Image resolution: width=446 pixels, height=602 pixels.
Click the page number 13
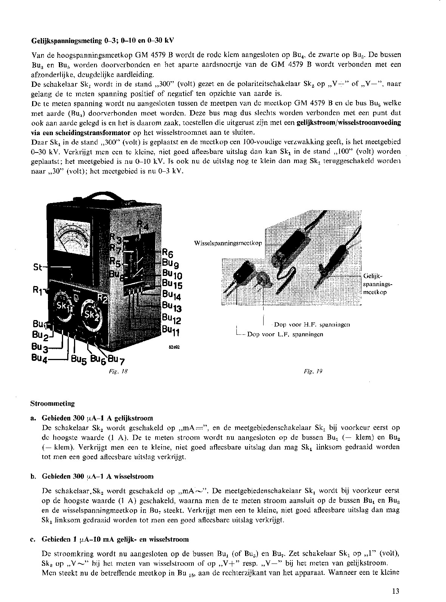(x=395, y=591)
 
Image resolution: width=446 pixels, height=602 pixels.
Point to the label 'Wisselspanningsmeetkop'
(x=228, y=243)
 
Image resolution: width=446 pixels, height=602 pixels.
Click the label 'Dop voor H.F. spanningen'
(x=312, y=325)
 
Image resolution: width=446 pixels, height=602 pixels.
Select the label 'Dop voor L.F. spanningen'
(x=285, y=334)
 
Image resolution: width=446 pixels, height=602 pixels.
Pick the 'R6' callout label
(x=167, y=253)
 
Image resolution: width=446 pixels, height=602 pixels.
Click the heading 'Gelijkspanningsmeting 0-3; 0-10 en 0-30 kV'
(x=102, y=40)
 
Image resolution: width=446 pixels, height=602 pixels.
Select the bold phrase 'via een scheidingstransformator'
(x=80, y=132)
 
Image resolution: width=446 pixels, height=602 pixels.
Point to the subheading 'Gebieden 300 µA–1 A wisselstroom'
(x=97, y=476)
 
